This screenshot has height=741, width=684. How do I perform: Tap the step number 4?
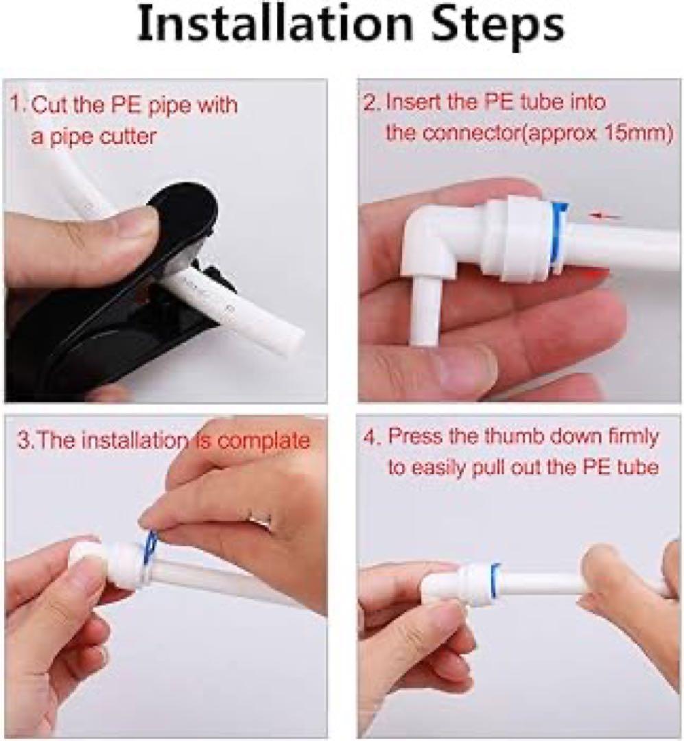click(371, 436)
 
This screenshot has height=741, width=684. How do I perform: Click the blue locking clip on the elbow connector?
click(560, 236)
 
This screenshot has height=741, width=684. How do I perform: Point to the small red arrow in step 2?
click(606, 216)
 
